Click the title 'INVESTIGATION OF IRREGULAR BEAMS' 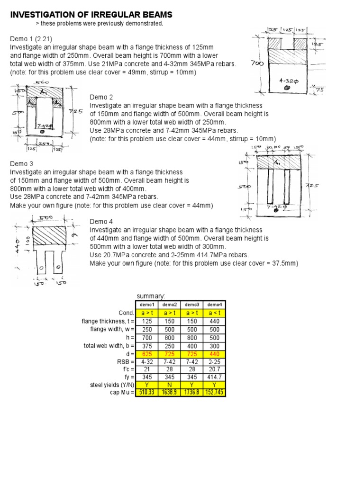tap(91, 15)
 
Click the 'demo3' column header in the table tap(192, 305)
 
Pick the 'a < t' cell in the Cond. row tap(214, 313)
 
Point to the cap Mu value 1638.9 tap(169, 393)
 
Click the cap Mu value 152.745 tap(214, 393)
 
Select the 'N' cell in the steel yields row tap(169, 385)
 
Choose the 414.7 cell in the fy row tap(214, 377)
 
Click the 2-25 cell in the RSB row tap(214, 361)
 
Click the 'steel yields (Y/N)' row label tap(110, 385)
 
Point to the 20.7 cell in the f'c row tap(214, 369)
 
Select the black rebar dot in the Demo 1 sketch tap(286, 88)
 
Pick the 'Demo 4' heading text tap(101, 221)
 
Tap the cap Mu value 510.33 tap(146, 393)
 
